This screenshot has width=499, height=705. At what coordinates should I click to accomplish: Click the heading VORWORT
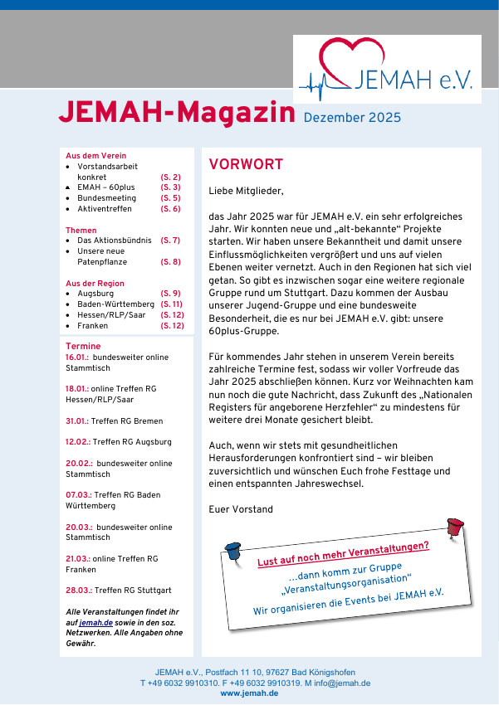(x=246, y=164)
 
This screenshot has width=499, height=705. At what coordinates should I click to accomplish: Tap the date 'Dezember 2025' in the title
(x=352, y=118)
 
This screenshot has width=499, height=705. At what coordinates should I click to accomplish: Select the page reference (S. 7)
(x=170, y=241)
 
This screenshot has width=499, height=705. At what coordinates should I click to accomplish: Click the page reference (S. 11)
(x=171, y=304)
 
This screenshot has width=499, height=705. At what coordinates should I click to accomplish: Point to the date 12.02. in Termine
(x=77, y=442)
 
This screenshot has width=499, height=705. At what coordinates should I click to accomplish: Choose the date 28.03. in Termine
(x=77, y=591)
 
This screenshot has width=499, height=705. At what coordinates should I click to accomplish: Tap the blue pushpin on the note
(x=232, y=548)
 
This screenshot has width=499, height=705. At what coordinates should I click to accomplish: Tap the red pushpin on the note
(x=453, y=526)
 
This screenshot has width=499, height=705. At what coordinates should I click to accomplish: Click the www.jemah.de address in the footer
(x=249, y=693)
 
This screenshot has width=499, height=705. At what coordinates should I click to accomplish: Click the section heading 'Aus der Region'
(x=95, y=284)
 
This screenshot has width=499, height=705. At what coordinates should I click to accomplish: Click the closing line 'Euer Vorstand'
(x=241, y=509)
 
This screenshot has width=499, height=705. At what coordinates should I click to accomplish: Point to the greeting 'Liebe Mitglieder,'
(x=246, y=191)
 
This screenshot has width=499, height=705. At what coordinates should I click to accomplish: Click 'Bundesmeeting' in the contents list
(x=107, y=198)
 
